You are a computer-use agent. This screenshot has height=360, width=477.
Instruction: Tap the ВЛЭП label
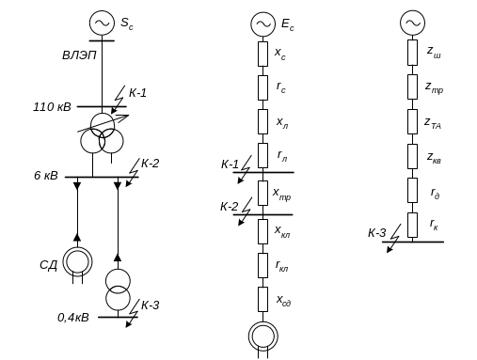[79, 55]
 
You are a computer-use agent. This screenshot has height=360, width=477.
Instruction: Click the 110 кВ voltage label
[52, 107]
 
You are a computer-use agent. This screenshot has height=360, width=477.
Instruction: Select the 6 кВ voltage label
[46, 176]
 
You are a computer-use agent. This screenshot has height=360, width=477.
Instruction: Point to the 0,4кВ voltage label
[73, 318]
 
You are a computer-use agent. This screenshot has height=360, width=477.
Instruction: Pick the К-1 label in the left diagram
[137, 93]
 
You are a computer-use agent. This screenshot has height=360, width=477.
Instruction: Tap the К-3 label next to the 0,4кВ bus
[151, 305]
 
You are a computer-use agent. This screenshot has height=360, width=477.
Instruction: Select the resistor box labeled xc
[262, 54]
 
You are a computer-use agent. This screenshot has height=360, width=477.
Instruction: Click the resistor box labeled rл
[262, 156]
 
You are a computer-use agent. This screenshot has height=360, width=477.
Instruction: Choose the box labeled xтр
[262, 193]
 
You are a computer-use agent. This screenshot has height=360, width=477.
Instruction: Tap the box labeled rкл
[262, 265]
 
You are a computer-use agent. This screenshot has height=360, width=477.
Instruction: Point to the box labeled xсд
[262, 299]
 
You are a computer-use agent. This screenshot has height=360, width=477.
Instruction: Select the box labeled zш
[412, 53]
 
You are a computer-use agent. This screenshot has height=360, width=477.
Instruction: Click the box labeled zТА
[412, 122]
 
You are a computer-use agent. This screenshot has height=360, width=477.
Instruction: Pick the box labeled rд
[412, 191]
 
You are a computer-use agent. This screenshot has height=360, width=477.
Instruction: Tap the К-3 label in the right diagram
[376, 233]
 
